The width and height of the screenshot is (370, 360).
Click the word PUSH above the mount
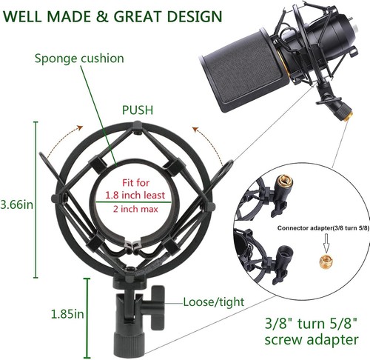[x=138, y=110]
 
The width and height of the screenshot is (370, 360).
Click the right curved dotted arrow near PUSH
[x=215, y=139]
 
